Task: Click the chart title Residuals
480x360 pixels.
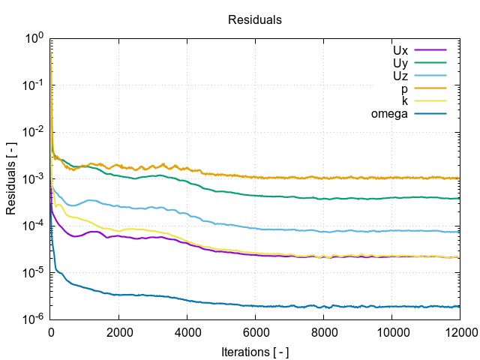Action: click(255, 20)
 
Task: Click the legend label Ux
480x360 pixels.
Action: click(400, 50)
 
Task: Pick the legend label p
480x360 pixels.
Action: click(404, 88)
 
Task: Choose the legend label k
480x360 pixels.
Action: click(405, 101)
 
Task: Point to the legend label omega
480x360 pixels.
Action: click(389, 114)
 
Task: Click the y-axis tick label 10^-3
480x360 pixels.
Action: click(33, 178)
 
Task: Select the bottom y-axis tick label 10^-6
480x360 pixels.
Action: click(33, 319)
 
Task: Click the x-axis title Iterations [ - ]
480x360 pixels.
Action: click(255, 351)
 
